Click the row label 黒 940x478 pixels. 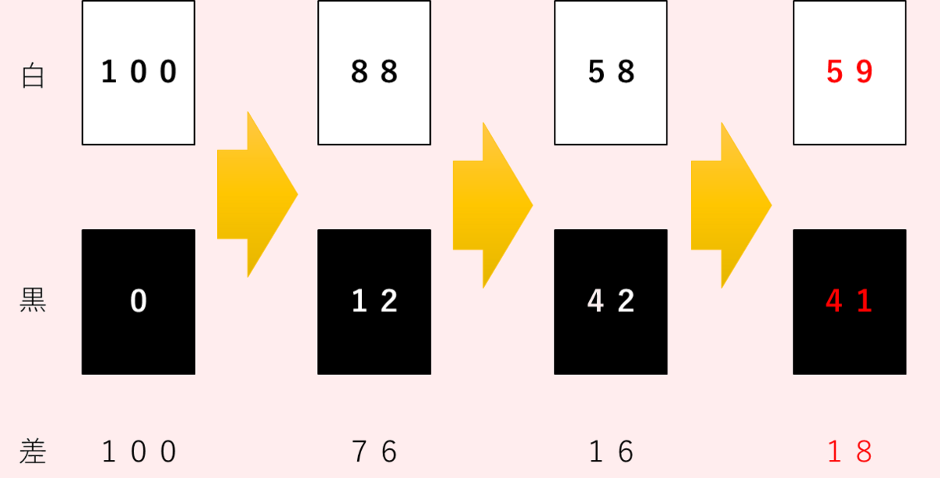pos(33,301)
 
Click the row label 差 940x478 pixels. pos(33,452)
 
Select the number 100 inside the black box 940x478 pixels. pos(139,73)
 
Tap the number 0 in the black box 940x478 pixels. pos(139,302)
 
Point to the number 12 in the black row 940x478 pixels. pos(374,302)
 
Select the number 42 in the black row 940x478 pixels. pos(611,302)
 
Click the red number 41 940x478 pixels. pos(849,302)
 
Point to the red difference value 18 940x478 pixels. pos(849,452)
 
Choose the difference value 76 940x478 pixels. pos(374,452)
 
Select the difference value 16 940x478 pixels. pos(611,452)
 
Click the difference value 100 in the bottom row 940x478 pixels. pos(139,452)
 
